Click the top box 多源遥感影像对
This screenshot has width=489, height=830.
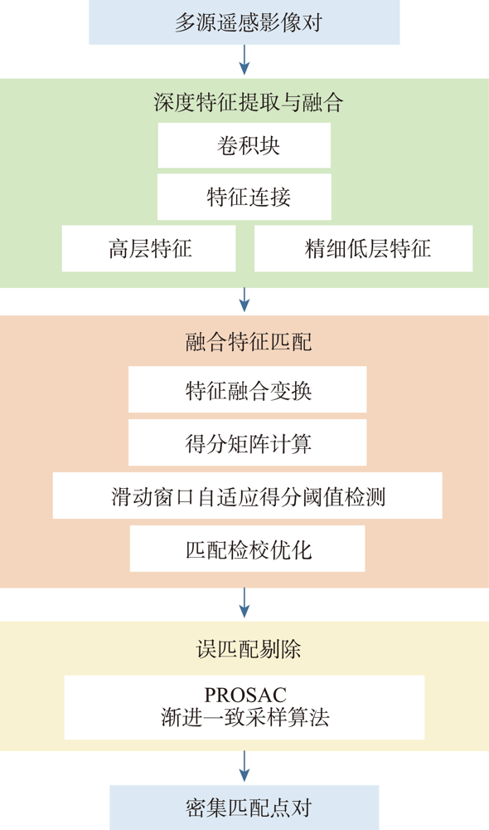point(244,22)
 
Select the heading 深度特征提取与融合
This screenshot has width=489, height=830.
point(249,102)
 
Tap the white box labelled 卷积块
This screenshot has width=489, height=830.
point(244,145)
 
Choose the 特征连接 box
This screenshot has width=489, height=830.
point(244,197)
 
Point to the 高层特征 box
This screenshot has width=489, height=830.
point(148,248)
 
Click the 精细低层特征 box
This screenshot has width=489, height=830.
point(364,248)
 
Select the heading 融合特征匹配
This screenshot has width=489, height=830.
point(249,342)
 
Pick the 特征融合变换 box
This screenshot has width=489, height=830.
point(248,389)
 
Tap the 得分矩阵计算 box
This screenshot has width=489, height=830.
point(248,442)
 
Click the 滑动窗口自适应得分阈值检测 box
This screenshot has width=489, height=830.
point(248,496)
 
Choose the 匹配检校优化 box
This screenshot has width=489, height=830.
point(248,549)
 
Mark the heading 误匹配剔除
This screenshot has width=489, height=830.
point(249,649)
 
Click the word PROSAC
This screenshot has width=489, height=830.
point(245,695)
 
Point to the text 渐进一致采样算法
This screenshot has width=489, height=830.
point(245,717)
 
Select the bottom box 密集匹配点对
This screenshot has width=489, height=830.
point(244,808)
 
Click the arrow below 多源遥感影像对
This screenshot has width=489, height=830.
point(244,60)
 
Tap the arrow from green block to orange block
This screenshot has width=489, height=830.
point(244,300)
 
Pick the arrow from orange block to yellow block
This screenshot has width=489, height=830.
point(244,603)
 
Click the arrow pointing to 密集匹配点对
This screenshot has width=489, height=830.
point(244,766)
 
